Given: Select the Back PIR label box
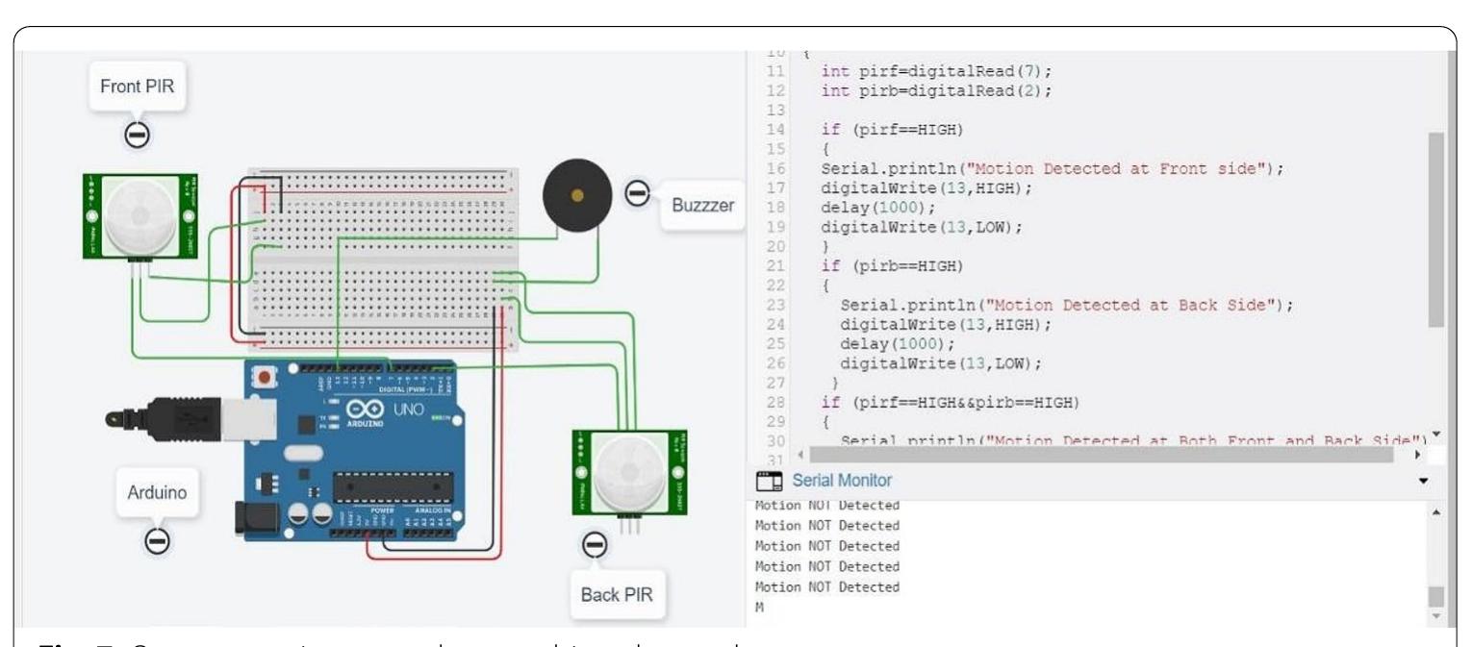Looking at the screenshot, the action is click(x=617, y=594).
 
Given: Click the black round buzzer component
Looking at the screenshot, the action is click(x=576, y=196).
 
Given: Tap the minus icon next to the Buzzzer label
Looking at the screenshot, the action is click(x=636, y=193).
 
